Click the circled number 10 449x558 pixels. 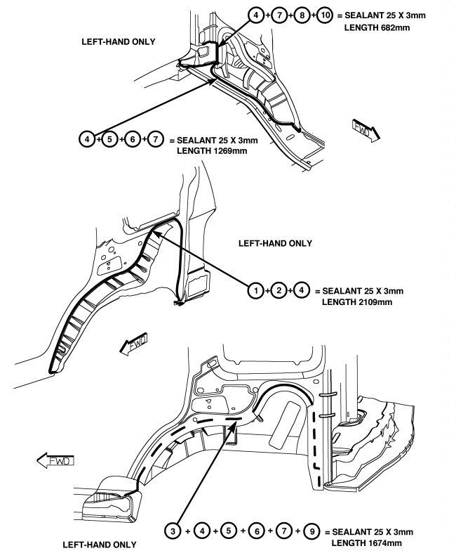pos(325,15)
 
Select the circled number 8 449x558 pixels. pos(302,15)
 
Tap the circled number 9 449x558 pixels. pos(311,531)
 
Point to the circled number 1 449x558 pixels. pos(256,291)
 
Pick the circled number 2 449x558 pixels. pos(279,291)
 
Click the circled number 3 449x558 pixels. pos(173,531)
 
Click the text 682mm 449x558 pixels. pos(394,27)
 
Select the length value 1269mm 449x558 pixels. pos(231,150)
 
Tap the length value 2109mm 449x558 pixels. pos(376,302)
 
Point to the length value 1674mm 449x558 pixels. pos(385,543)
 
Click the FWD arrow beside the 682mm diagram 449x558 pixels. pos(366,130)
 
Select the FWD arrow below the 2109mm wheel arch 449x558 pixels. pos(133,344)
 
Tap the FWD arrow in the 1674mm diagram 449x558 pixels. pos(55,460)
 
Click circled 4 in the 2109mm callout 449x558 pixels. pos(301,290)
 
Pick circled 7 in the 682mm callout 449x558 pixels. pos(279,15)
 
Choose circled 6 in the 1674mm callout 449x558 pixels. pos(256,531)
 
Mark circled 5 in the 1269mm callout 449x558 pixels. pos(109,139)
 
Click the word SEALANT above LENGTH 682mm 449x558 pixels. pos(364,15)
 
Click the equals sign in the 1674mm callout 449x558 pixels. pos(328,532)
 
